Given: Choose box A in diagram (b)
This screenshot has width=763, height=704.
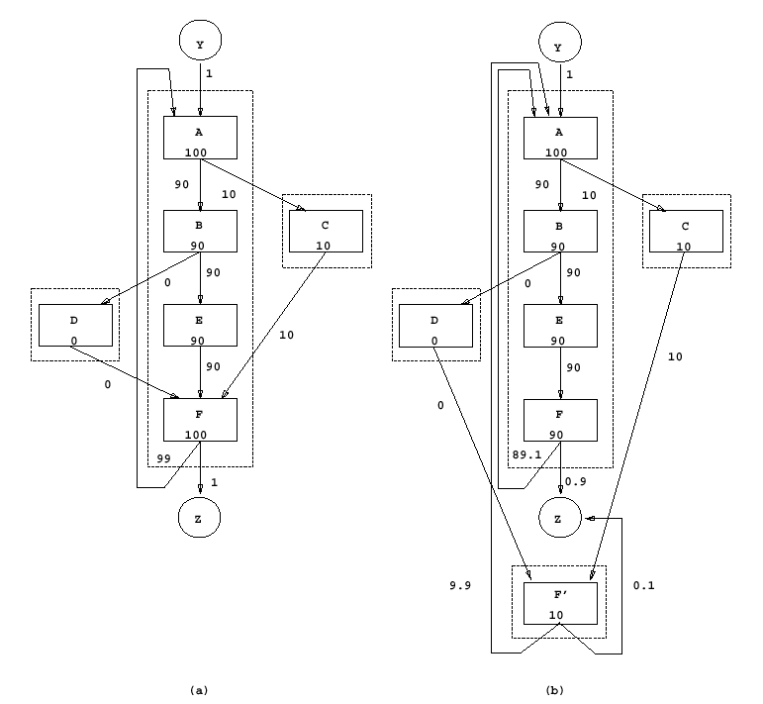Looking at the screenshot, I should click(x=561, y=137).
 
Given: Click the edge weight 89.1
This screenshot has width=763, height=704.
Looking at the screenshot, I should click(x=526, y=454).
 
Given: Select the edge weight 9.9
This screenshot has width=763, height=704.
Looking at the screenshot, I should click(x=458, y=586).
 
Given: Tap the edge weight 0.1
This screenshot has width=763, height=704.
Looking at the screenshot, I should click(x=644, y=586).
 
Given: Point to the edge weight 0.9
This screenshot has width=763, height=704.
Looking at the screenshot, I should click(x=577, y=482).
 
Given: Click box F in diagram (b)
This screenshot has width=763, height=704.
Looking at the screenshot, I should click(x=561, y=419).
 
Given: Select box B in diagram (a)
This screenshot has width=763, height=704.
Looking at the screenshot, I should click(x=201, y=231).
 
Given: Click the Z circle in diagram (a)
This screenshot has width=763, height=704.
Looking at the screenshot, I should click(x=201, y=517).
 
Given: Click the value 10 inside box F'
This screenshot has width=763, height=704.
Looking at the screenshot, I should click(x=556, y=615).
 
